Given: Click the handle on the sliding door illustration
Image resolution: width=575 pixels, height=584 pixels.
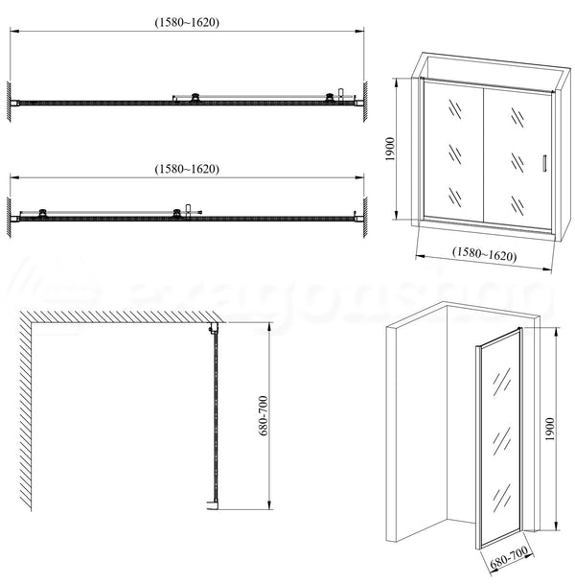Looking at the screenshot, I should pos(543,164).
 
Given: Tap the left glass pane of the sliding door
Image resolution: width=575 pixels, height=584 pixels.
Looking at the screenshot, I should pos(453,153).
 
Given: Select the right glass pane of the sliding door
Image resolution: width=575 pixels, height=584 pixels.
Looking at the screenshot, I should pos(517,153).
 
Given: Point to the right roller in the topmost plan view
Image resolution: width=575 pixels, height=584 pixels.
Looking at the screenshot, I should pos(330,97).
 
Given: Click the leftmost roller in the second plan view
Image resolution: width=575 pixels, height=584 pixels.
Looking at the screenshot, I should pos(43,213).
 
